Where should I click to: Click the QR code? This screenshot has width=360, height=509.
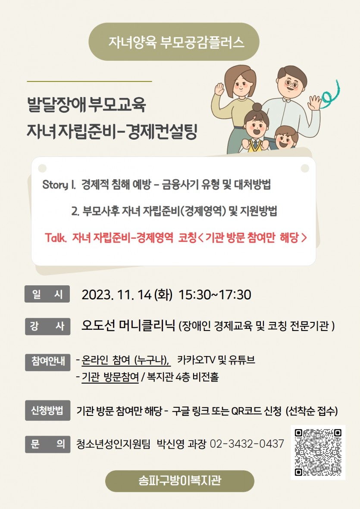click(318, 452)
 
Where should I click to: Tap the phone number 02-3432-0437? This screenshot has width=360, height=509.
click(247, 444)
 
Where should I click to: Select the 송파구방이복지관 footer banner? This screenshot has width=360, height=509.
click(179, 481)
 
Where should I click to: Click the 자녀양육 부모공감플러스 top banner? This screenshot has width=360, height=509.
click(174, 42)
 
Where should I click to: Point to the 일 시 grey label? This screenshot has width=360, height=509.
click(47, 294)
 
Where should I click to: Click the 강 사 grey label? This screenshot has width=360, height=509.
click(47, 326)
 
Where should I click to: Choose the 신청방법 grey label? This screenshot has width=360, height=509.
click(47, 411)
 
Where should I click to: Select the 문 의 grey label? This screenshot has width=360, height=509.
click(47, 444)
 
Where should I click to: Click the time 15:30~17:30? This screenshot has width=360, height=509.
click(215, 295)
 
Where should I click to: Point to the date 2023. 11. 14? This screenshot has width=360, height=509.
click(116, 295)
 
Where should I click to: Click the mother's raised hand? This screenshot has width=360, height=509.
click(219, 89)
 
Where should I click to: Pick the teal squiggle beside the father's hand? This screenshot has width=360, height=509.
click(331, 93)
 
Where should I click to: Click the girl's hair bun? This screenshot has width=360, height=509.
click(257, 107)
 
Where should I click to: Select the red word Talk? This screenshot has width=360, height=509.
click(56, 237)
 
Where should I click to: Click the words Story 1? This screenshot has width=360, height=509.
click(59, 185)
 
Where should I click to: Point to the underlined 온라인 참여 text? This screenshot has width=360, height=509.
click(125, 360)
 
